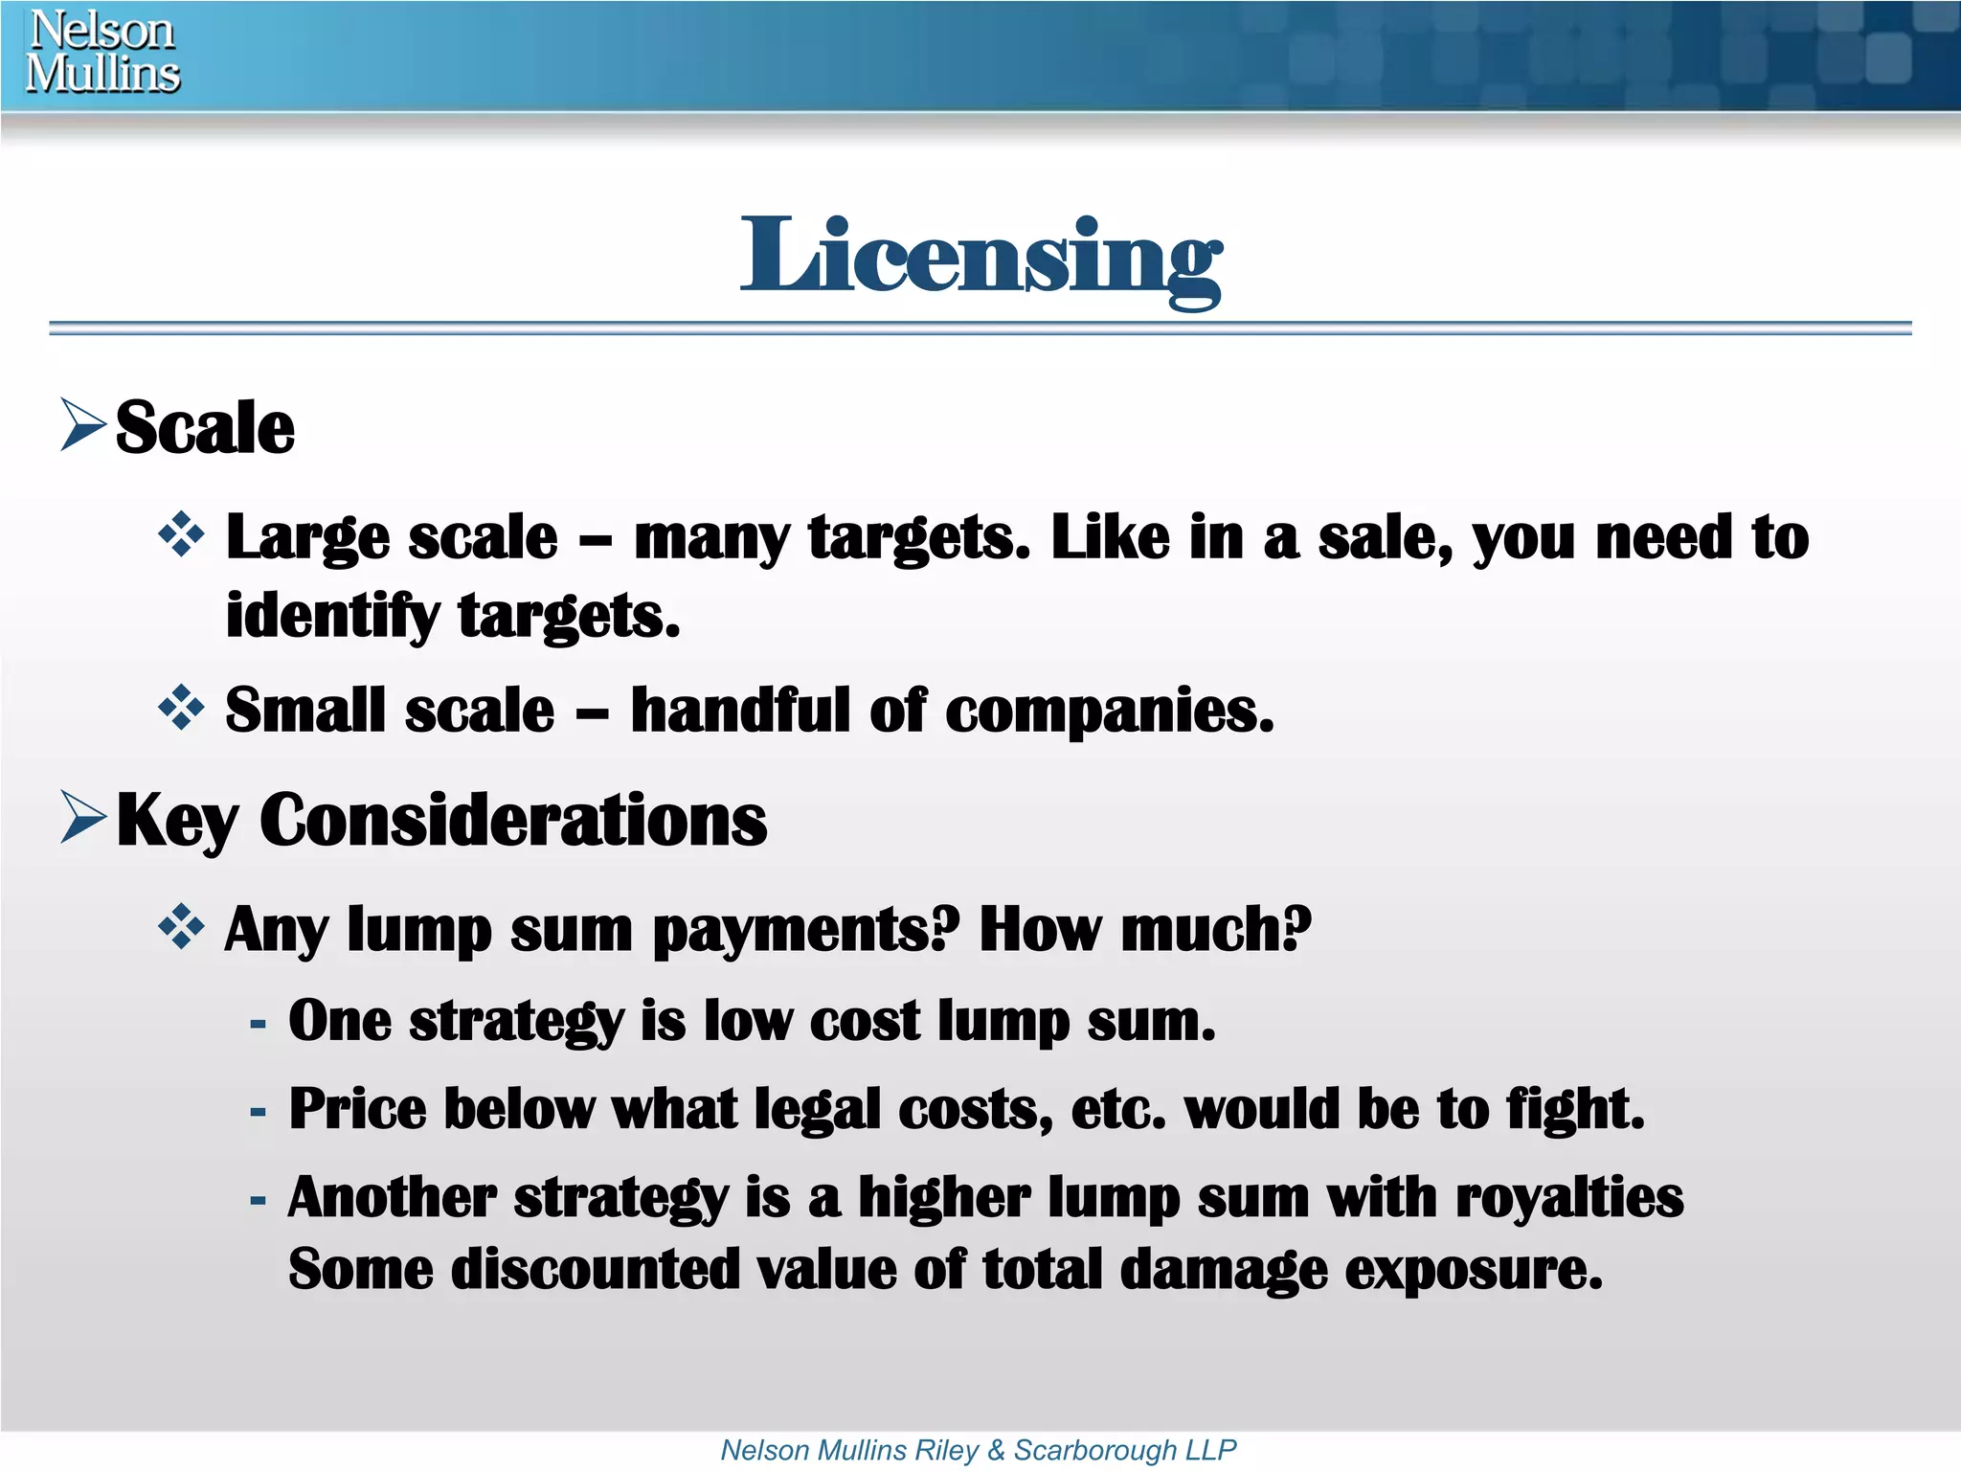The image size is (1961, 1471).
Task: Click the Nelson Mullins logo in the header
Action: [102, 53]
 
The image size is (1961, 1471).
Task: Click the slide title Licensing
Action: [980, 257]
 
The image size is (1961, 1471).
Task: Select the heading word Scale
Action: [205, 427]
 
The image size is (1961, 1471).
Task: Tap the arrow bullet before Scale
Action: [82, 424]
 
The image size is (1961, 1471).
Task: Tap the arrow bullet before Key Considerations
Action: [82, 817]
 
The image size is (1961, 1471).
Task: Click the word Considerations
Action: [513, 821]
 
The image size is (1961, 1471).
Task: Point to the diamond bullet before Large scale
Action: [181, 535]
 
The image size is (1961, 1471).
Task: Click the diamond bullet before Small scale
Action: [181, 709]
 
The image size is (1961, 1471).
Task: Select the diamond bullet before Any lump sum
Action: [181, 927]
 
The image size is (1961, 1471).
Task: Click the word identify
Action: [331, 616]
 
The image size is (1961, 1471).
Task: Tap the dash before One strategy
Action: [258, 1024]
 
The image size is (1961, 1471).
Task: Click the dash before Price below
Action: [258, 1112]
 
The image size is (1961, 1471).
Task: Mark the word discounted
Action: [595, 1269]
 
